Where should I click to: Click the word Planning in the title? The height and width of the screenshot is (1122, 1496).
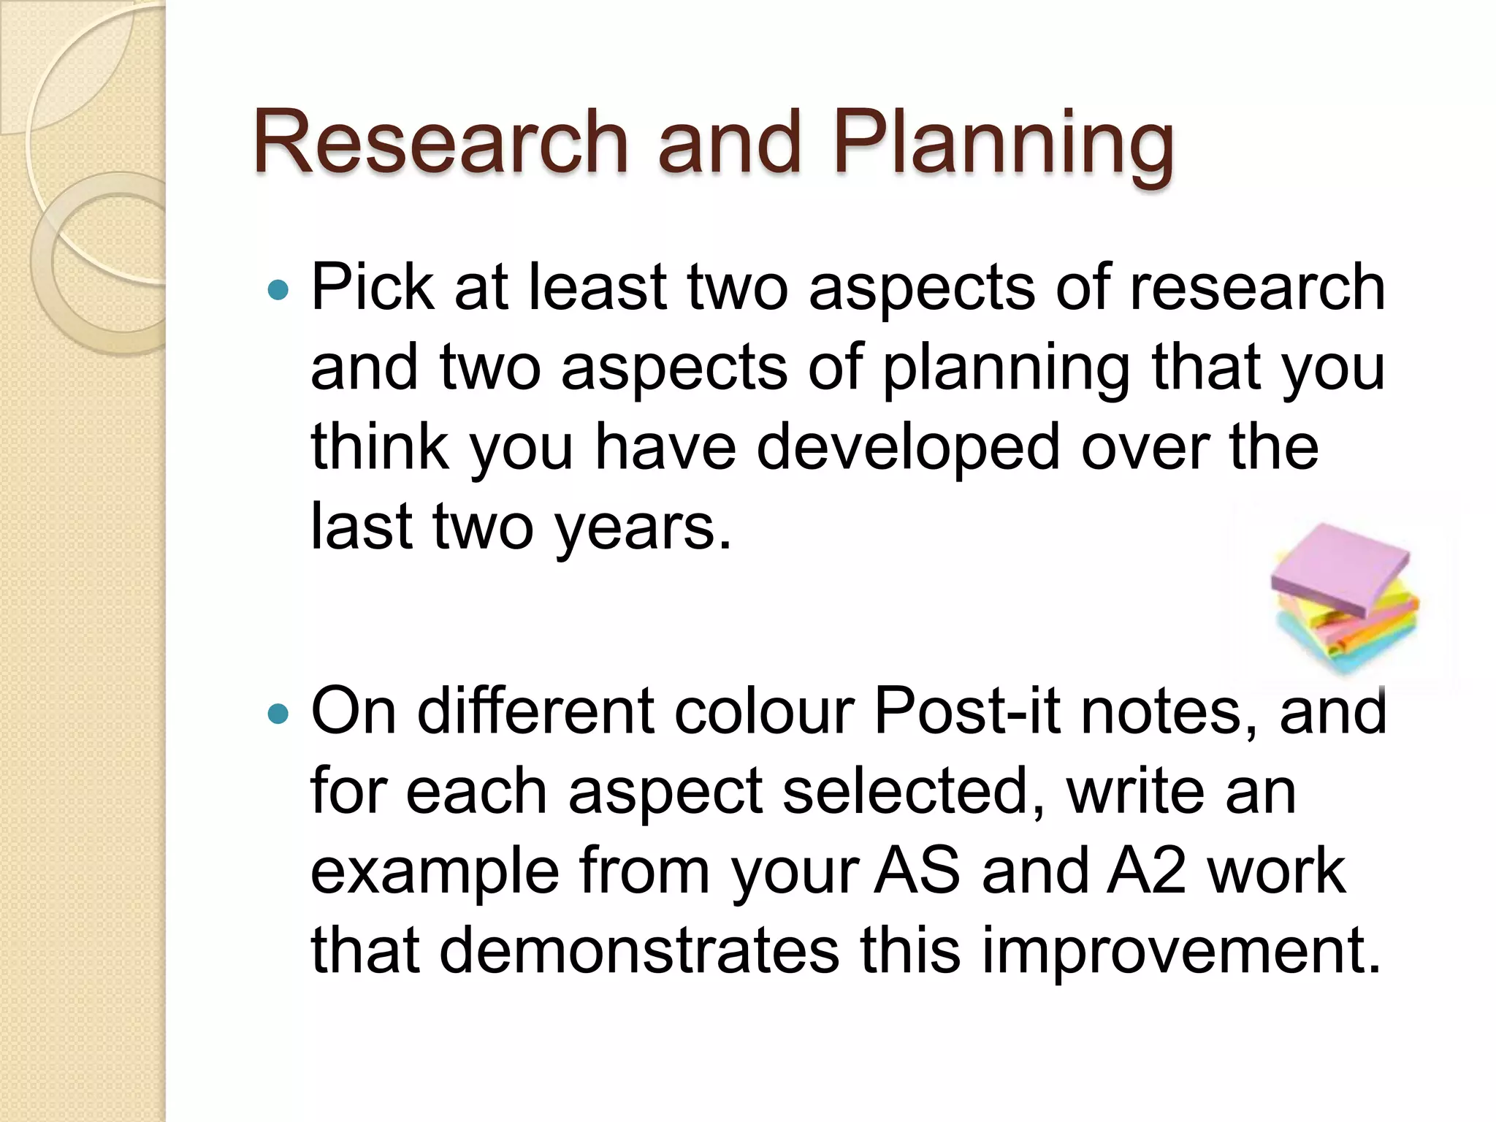pos(1004,144)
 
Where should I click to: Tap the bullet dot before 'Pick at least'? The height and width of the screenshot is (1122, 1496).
pos(278,291)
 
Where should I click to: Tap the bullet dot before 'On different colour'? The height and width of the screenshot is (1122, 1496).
pos(278,713)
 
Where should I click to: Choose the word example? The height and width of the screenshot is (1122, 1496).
pos(435,872)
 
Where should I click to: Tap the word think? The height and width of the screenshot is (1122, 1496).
pos(379,447)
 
